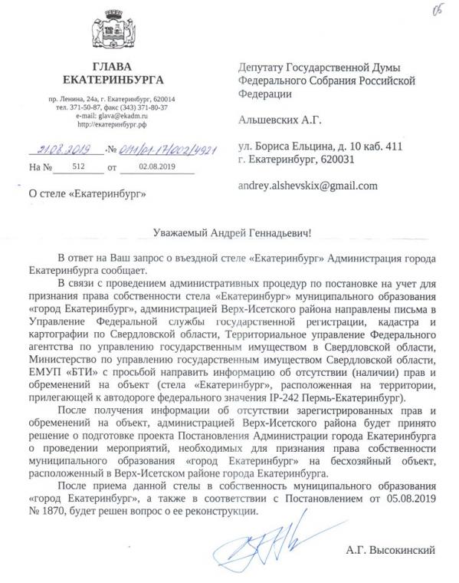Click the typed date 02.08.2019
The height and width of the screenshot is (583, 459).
157,166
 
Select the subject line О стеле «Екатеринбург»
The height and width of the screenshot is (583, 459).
86,194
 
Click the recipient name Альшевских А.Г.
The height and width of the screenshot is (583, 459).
280,120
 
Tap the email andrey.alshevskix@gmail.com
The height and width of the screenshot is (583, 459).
308,186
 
